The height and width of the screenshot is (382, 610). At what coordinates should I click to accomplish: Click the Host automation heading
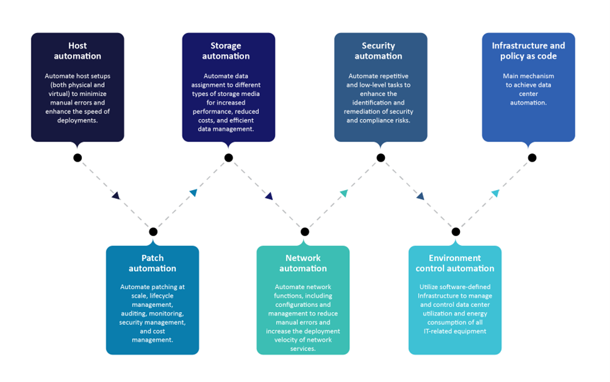point(78,51)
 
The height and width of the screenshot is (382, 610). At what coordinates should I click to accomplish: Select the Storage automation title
point(226,51)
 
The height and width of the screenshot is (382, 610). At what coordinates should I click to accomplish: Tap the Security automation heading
point(378,51)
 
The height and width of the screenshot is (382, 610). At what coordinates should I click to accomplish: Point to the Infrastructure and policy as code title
point(528,51)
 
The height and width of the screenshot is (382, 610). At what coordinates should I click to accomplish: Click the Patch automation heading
point(152,263)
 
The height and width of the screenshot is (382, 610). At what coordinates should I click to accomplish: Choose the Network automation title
point(303,263)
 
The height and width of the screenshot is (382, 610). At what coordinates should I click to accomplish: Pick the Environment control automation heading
point(455,263)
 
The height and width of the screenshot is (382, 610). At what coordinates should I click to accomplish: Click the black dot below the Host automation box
point(78,158)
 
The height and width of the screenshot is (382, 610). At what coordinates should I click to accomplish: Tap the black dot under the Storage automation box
point(229,158)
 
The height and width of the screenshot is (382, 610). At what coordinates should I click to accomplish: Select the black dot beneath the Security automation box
point(381,158)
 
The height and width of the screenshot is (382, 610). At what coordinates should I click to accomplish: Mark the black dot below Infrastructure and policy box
point(532,158)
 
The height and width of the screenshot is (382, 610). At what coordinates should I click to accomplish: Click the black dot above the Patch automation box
point(153,232)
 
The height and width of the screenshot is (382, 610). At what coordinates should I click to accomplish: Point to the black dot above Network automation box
point(305,232)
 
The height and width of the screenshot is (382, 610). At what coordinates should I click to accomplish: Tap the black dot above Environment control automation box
point(456,232)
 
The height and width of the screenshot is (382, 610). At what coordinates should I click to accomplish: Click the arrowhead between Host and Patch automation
point(115,196)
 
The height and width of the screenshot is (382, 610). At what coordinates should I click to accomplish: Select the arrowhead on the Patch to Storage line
point(193,193)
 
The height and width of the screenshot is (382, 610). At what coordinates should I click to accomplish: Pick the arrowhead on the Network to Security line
point(343,193)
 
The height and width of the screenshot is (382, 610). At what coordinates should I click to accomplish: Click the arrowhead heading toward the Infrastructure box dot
point(495,193)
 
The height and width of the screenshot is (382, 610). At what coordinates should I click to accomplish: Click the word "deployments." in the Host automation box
point(78,120)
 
